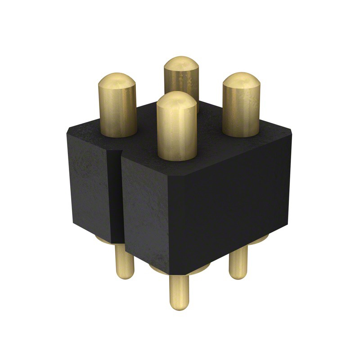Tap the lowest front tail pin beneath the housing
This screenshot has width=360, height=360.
(180, 290)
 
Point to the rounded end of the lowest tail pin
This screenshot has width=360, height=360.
(180, 306)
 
